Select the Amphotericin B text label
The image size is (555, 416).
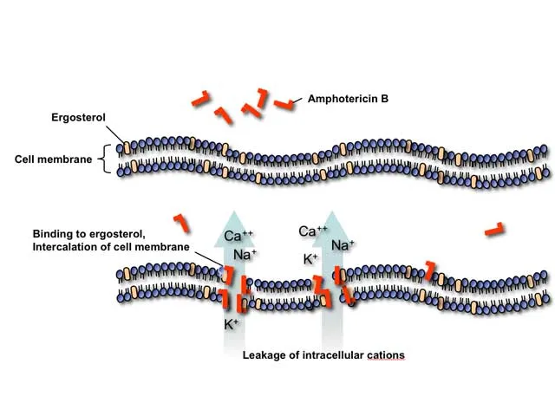[348, 100]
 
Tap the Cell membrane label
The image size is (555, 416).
[53, 159]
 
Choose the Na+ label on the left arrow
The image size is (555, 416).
[245, 255]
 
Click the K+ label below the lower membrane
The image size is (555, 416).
[232, 325]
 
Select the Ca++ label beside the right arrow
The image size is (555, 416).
[313, 231]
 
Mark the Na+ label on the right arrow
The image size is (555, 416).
[343, 245]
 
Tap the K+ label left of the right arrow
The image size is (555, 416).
[311, 259]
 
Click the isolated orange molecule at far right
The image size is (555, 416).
[494, 230]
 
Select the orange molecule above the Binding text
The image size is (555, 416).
[182, 221]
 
